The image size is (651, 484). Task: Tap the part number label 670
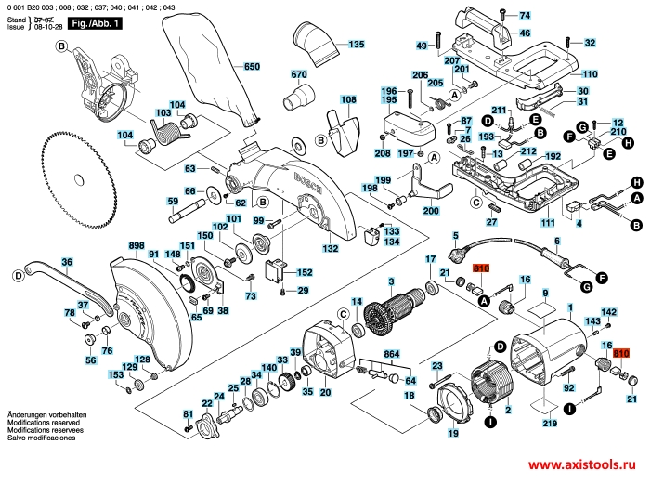298,75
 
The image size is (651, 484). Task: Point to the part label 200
431,212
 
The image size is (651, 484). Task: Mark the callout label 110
591,73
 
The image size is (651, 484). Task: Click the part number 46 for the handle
526,33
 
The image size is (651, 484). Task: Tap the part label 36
66,262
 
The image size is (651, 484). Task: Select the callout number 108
348,100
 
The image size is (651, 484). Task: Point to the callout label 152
304,272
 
